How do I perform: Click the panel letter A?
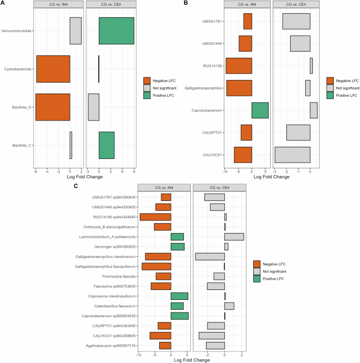pos(3,3)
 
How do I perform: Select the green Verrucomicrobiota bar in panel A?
pos(116,31)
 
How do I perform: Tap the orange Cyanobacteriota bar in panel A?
pos(53,69)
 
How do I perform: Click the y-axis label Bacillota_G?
pos(20,107)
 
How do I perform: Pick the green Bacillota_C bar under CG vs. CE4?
pos(106,145)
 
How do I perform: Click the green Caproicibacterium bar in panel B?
pos(260,110)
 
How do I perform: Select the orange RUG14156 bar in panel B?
pos(239,66)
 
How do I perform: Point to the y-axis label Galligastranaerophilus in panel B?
pos(203,88)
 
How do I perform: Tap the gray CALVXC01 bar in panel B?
pos(292,155)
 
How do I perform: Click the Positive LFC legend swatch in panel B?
pos(330,95)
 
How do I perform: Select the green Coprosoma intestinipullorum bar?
pos(179,296)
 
